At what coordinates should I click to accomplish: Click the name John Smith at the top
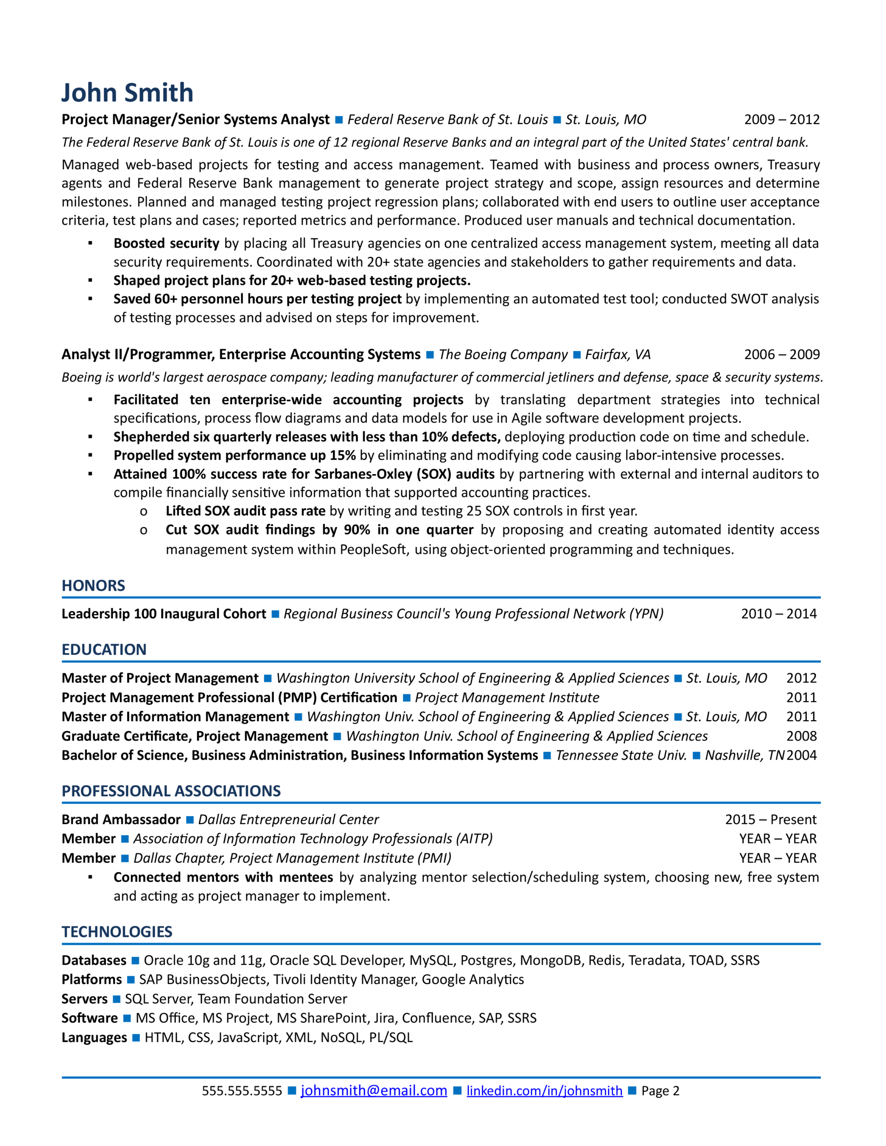[128, 93]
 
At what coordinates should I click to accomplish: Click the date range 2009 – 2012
[781, 120]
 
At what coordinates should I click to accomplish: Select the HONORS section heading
[94, 586]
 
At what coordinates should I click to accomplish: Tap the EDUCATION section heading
[104, 650]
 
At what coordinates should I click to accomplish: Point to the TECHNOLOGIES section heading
[117, 932]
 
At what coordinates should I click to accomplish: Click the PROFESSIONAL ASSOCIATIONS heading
[171, 791]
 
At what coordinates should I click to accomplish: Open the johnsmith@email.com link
[374, 1090]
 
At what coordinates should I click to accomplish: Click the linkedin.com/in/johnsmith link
[544, 1091]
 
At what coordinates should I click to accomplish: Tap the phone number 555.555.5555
[242, 1091]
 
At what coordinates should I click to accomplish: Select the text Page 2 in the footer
[660, 1091]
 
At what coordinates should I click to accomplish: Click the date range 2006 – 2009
[781, 355]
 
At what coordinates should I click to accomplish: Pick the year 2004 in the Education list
[801, 755]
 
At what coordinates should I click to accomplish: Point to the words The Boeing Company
[503, 355]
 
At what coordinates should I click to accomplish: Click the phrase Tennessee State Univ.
[621, 755]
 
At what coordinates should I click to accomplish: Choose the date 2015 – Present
[770, 820]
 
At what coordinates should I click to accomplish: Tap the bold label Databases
[94, 960]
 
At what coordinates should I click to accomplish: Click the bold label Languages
[94, 1037]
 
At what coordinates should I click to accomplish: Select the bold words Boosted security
[166, 244]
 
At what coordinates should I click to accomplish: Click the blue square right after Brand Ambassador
[190, 820]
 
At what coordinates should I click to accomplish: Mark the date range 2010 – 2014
[779, 614]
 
